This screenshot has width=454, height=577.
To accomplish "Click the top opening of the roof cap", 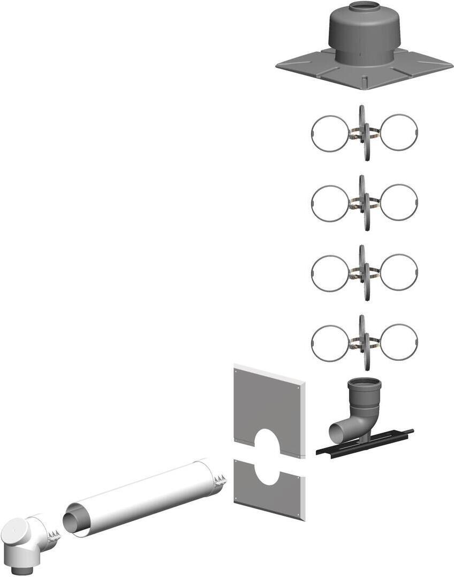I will tap(364, 6).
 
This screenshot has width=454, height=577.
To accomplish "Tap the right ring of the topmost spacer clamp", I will tap(399, 132).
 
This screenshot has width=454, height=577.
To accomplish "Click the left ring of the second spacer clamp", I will tap(330, 203).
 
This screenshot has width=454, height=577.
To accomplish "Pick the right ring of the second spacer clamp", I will tap(399, 202).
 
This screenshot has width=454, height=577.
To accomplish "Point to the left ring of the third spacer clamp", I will tap(330, 272).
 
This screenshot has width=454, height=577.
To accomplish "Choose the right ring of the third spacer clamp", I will tap(398, 272).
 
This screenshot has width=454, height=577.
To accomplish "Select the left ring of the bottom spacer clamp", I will tap(330, 343).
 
